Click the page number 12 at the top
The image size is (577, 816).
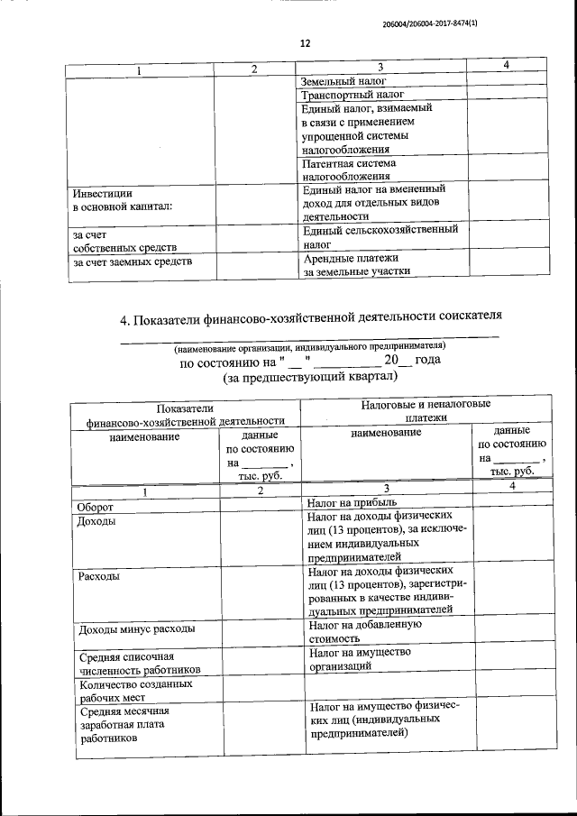point(304,42)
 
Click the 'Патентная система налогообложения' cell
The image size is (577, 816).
point(349,170)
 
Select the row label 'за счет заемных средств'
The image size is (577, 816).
point(132,262)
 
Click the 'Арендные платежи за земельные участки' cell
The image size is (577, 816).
point(356,263)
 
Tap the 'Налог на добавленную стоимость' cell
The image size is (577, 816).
point(365,630)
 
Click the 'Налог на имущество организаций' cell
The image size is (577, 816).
point(359,658)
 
